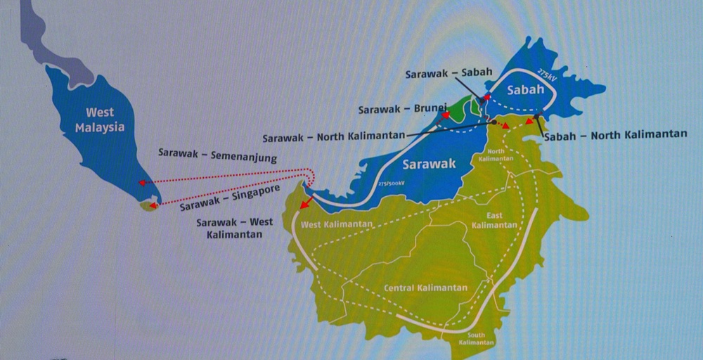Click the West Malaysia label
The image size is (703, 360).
tap(100, 120)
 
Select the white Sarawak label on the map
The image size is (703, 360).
tap(429, 164)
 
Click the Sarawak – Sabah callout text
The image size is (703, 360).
tap(446, 74)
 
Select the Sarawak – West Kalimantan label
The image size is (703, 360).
tap(235, 228)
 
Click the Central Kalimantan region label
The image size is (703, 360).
tap(425, 288)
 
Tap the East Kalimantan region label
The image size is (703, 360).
tap(495, 220)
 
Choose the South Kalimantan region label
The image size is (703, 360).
tap(476, 338)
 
